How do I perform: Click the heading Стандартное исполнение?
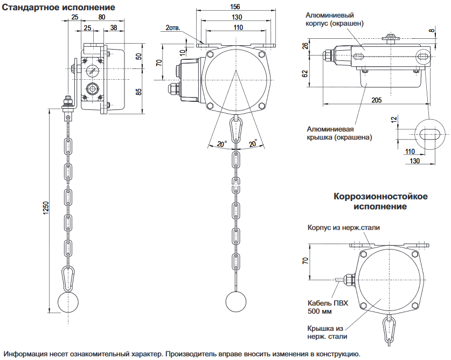click(59, 8)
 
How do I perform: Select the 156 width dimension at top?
click(235, 7)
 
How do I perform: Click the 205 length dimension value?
click(377, 100)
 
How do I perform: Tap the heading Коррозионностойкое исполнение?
click(380, 201)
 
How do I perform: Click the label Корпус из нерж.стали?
click(344, 227)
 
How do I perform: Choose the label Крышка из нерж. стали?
click(326, 332)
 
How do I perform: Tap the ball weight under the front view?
click(236, 301)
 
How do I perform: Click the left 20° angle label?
click(221, 144)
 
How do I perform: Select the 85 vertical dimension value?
click(138, 91)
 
